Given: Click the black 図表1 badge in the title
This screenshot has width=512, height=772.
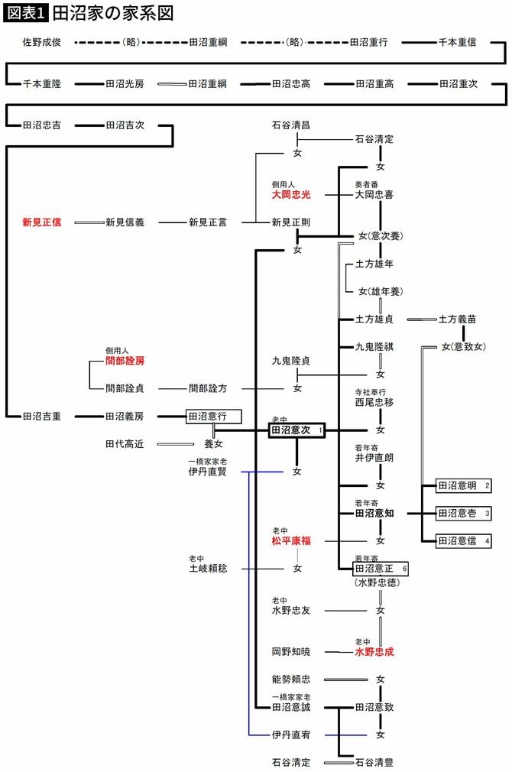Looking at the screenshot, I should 27,13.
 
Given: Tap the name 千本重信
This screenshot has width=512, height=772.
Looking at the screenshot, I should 457,43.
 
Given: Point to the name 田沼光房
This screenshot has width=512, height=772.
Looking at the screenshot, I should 125,84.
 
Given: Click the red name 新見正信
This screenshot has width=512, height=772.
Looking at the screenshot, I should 41,222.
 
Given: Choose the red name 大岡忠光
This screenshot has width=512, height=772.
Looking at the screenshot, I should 291,195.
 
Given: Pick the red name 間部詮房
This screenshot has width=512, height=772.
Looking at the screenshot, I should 125,360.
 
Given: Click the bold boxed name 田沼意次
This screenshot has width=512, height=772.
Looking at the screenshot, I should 290,431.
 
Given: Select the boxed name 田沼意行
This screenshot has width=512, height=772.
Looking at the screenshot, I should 208,417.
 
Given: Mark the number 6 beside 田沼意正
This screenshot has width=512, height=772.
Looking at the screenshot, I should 405,569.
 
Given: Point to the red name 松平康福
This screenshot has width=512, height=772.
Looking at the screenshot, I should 291,541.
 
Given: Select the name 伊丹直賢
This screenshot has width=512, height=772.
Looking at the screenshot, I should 207,472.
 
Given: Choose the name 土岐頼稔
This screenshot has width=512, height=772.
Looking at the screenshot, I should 208,569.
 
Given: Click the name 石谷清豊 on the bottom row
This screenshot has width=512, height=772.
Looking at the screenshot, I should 374,762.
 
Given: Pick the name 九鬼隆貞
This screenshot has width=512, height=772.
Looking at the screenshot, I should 291,360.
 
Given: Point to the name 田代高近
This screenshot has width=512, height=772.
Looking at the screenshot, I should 125,443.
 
